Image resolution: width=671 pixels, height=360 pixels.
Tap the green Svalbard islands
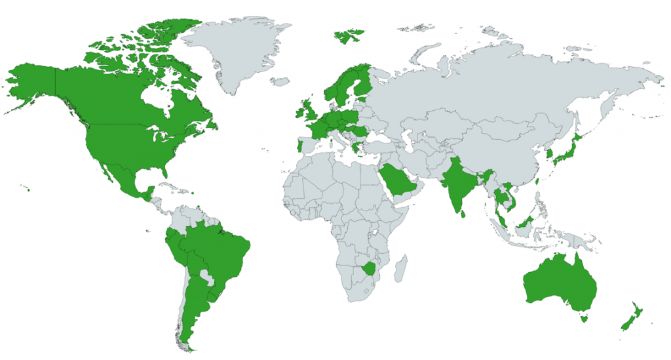pos(348,36)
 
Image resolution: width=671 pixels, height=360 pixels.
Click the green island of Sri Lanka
pos(464,212)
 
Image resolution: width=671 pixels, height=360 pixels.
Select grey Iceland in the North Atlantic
pos(280,82)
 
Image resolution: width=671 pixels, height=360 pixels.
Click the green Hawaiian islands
pos(26,189)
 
